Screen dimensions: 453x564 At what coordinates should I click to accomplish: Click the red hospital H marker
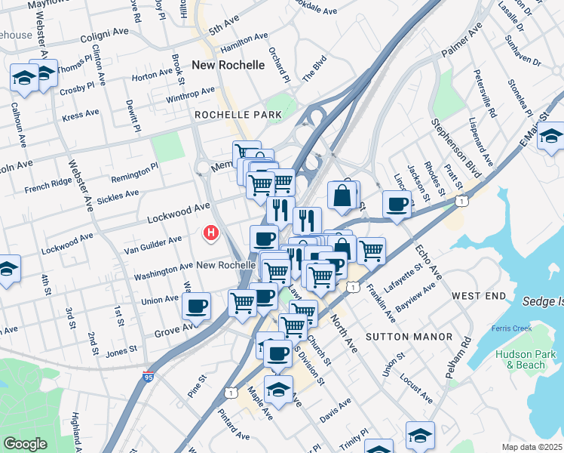(213, 234)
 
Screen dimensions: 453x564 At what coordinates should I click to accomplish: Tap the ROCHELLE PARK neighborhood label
(238, 115)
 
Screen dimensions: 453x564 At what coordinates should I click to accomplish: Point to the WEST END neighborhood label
(479, 296)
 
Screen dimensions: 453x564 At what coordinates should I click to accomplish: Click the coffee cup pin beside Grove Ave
(197, 307)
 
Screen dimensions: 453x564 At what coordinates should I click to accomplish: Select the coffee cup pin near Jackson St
(397, 203)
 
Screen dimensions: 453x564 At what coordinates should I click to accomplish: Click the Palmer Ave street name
(461, 44)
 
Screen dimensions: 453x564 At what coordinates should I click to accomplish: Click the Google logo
(25, 444)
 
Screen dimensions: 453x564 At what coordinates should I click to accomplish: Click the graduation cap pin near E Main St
(551, 137)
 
